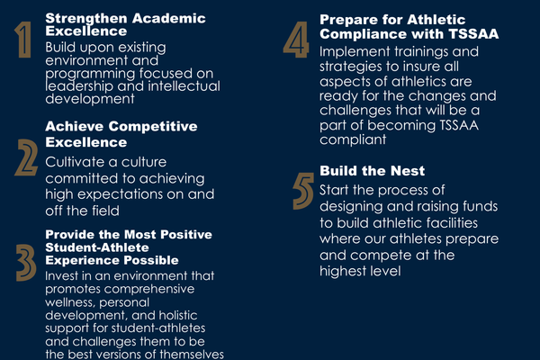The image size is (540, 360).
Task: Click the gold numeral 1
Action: pos(24,40)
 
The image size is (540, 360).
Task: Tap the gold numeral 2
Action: pos(26,157)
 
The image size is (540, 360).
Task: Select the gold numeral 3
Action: pos(26,263)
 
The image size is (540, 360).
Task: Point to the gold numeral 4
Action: pos(296,40)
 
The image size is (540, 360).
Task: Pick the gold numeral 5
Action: pos(303,191)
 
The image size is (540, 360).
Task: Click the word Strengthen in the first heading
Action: pos(86,18)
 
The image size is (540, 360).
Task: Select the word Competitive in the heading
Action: pos(153,126)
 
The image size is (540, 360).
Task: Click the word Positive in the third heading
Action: pos(186,234)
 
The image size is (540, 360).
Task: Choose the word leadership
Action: pos(79,86)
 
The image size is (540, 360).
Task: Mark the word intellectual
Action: pos(184,86)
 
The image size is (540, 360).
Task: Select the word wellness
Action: pos(70,302)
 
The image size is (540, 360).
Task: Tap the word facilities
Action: pos(452,222)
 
